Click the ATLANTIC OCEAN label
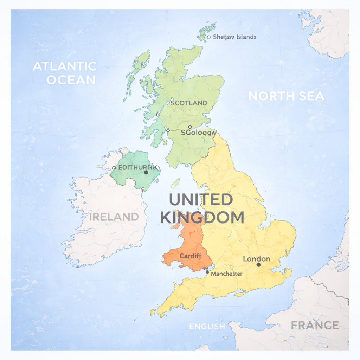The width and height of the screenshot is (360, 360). pos(64,73)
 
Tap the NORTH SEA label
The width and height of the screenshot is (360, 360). pos(286,96)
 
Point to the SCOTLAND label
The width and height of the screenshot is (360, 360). pos(189,103)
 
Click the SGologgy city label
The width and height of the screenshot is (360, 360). pos(198,133)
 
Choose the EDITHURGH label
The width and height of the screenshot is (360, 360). pos(135,167)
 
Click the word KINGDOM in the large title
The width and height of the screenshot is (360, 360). pos(202,218)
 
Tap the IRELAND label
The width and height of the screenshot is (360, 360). pos(114,217)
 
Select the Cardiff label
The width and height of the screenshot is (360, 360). pos(190,256)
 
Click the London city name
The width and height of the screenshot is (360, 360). pos(257,259)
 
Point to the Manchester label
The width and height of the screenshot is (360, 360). pos(227,274)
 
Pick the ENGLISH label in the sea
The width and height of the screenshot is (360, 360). pos(207,327)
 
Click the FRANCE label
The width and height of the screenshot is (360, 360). pos(315,325)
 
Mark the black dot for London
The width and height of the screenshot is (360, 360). pos(258,265)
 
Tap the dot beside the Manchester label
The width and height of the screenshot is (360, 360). pos(207,272)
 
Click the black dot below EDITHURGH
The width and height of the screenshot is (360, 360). pos(146,172)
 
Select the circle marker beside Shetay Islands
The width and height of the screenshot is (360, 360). pos(209,37)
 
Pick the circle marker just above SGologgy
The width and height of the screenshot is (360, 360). pos(190,127)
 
